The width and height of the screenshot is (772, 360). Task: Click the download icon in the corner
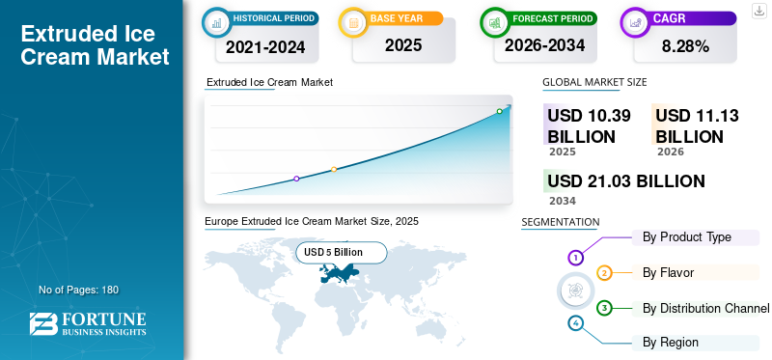click(x=758, y=11)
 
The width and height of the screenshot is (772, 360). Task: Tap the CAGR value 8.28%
click(x=685, y=46)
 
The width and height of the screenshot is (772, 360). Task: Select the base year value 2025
click(x=403, y=45)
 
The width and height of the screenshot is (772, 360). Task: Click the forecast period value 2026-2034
click(x=544, y=45)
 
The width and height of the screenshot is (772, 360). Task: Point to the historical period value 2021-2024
click(x=266, y=46)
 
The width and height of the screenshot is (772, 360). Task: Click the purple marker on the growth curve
click(x=296, y=179)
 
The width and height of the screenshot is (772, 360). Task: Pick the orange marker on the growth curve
click(x=334, y=170)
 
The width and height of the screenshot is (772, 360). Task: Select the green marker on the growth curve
click(x=499, y=111)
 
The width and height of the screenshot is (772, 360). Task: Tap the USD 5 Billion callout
click(x=342, y=253)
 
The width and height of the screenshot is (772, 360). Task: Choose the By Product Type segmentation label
click(x=687, y=236)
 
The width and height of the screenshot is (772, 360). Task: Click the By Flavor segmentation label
click(x=668, y=272)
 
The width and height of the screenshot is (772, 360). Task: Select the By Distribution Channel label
click(x=705, y=308)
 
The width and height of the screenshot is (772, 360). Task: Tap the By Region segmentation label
click(x=670, y=343)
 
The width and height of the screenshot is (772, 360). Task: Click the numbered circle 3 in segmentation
click(x=604, y=308)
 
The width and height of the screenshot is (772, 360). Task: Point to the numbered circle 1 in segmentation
click(x=575, y=257)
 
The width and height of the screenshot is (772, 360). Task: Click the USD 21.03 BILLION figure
click(x=626, y=181)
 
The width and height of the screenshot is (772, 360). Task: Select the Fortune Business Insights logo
click(x=88, y=324)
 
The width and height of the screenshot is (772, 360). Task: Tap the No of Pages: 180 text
click(x=79, y=290)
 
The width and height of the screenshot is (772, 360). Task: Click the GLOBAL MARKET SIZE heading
click(x=594, y=82)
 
